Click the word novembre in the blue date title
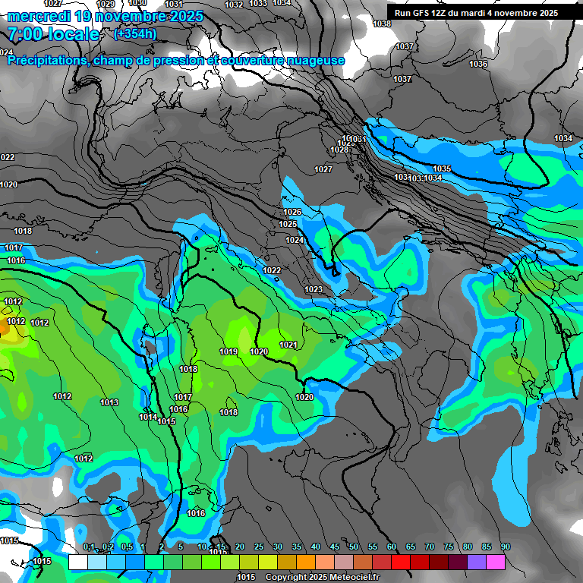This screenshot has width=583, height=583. pyautogui.click(x=121, y=16)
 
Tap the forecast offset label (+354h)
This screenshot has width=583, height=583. pyautogui.click(x=134, y=33)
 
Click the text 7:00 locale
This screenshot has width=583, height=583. pyautogui.click(x=53, y=34)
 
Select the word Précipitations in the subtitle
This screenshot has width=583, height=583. pyautogui.click(x=46, y=60)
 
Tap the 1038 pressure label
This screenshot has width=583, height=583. pyautogui.click(x=382, y=24)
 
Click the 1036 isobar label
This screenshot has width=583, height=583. pyautogui.click(x=478, y=65)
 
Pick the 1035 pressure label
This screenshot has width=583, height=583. pyautogui.click(x=442, y=169)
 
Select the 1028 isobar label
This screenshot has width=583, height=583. pyautogui.click(x=339, y=150)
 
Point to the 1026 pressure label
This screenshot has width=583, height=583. pyautogui.click(x=292, y=212)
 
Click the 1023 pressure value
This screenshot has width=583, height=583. pyautogui.click(x=314, y=289)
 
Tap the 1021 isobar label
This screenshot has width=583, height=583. pyautogui.click(x=288, y=345)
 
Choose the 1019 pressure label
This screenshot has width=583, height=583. pyautogui.click(x=228, y=351)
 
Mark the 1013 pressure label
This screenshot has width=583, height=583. pyautogui.click(x=109, y=402)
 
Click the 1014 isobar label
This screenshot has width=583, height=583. pyautogui.click(x=148, y=417)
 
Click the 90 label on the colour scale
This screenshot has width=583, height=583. pyautogui.click(x=506, y=547)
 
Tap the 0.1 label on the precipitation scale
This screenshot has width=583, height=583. pyautogui.click(x=89, y=547)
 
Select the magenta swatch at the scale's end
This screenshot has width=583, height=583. pyautogui.click(x=496, y=563)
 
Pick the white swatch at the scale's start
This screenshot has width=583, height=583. pyautogui.click(x=77, y=563)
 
